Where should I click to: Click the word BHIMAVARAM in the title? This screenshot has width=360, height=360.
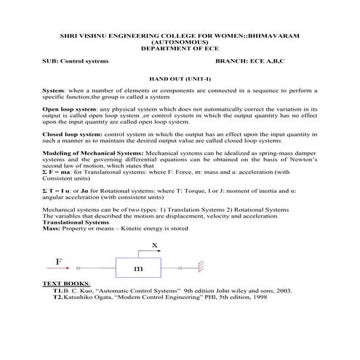coord(271,36)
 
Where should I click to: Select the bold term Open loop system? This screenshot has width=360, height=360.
coord(68,108)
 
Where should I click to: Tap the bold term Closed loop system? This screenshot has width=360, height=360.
coord(71,135)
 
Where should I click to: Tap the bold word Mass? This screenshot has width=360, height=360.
coord(51,228)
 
